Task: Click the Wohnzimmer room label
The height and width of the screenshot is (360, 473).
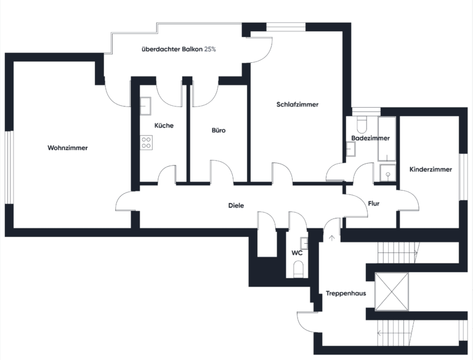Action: (68, 148)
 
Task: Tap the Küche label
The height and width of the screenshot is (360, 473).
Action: (164, 126)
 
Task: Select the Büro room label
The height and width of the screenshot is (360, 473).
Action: (219, 130)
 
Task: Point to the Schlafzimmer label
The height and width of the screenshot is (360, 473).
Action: (297, 105)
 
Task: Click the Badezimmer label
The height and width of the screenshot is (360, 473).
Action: (370, 138)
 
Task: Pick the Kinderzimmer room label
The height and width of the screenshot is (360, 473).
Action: (431, 169)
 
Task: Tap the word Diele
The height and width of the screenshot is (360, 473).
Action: (236, 206)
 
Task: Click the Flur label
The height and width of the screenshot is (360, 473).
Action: (374, 204)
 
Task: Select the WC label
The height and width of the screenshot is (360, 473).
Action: (297, 253)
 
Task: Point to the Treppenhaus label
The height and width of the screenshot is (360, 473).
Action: (346, 293)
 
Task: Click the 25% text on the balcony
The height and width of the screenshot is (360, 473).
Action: (210, 49)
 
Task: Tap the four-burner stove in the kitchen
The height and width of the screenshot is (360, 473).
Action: (147, 143)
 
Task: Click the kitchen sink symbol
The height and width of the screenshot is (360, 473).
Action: (145, 106)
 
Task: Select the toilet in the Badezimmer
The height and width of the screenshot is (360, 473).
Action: (362, 125)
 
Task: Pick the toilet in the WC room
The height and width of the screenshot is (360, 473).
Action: (298, 270)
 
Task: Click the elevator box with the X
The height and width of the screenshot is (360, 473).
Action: (391, 292)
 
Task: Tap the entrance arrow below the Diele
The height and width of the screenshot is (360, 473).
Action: (332, 238)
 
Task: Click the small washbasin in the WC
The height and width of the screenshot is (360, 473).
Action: (304, 243)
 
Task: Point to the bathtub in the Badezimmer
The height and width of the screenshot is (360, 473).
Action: (387, 139)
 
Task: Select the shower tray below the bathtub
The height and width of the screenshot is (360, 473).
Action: (387, 173)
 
